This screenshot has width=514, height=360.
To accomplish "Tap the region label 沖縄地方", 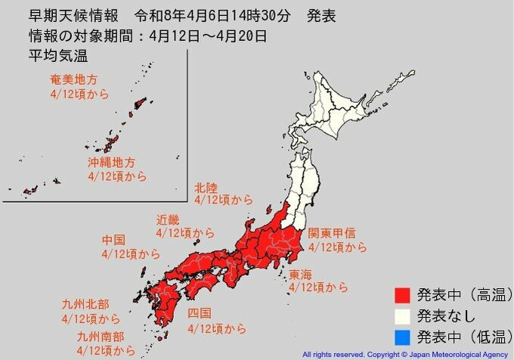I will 110,163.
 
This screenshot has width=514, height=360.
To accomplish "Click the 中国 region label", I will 113,240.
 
